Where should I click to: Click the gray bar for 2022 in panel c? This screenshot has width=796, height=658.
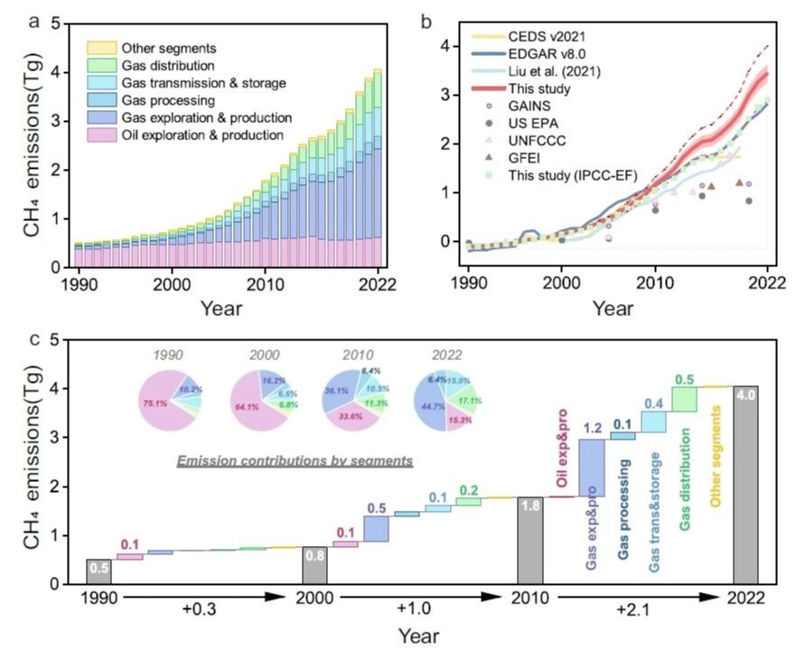(x=745, y=485)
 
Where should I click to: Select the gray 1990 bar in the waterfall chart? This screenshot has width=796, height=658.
(x=98, y=571)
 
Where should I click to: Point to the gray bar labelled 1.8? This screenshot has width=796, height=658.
(x=530, y=540)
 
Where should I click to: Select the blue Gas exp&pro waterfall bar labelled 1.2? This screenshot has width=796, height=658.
(x=592, y=467)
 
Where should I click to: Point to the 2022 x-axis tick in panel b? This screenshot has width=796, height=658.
(x=766, y=281)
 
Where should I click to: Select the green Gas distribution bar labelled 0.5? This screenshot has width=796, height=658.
(x=684, y=399)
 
